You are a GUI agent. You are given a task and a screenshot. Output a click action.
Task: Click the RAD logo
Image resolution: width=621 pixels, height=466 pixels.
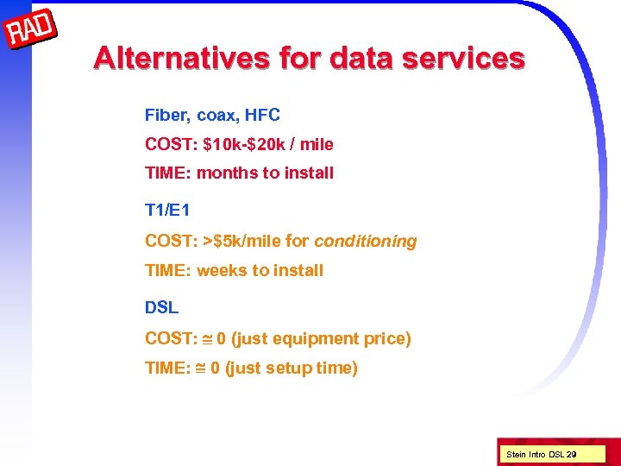[x=32, y=32]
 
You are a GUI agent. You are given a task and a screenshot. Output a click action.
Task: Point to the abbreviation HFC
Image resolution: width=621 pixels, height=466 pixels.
[x=262, y=115]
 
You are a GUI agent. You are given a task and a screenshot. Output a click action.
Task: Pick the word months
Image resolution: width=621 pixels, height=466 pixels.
[x=228, y=173]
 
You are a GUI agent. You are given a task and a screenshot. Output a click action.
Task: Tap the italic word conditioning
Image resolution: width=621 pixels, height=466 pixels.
[x=366, y=242]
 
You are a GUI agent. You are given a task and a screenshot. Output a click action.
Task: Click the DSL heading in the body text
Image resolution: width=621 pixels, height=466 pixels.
[x=161, y=307]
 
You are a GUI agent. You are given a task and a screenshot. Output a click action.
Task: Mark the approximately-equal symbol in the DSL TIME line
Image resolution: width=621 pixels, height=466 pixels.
[x=200, y=368]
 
